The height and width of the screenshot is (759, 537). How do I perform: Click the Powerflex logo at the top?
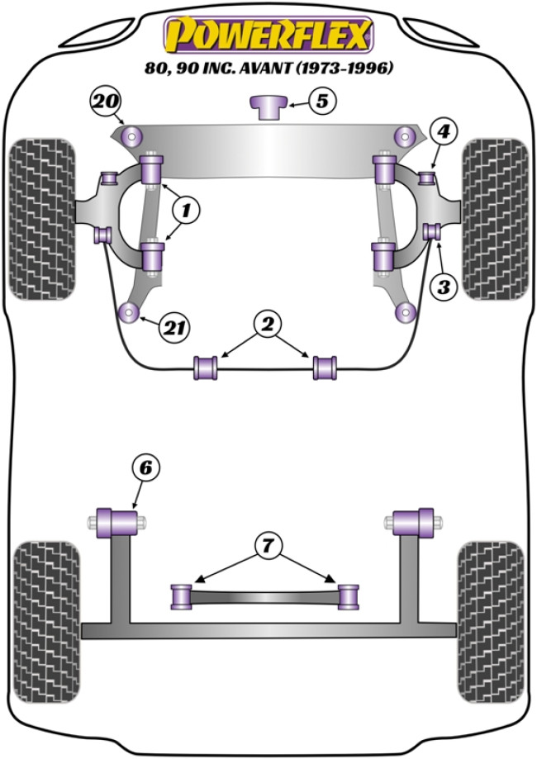[x=268, y=34]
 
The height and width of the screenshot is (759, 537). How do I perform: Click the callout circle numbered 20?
[x=104, y=103]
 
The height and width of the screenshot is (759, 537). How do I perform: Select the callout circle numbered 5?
[x=321, y=102]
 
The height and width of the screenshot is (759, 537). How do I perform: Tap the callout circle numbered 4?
[x=444, y=130]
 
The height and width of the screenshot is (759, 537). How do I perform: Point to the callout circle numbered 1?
[x=185, y=211]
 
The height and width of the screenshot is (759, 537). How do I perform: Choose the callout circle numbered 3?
[x=444, y=287]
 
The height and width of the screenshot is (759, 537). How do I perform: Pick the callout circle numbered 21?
[x=172, y=328]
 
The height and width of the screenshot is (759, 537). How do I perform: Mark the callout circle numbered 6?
[x=145, y=467]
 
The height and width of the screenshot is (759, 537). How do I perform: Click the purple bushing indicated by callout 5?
[x=268, y=107]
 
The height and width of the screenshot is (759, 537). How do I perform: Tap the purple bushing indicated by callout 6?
[x=116, y=522]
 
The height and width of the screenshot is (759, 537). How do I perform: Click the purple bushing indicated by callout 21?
[x=128, y=312]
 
